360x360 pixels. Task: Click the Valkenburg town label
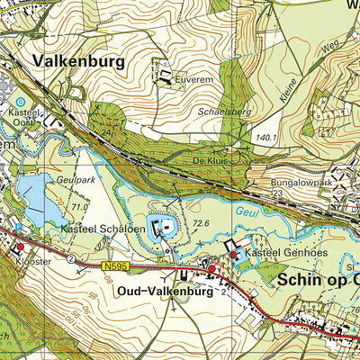coord(77,60)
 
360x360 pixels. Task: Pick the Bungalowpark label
coord(302,182)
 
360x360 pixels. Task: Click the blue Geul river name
coord(247,213)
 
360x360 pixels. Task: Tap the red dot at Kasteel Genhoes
coord(233,256)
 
